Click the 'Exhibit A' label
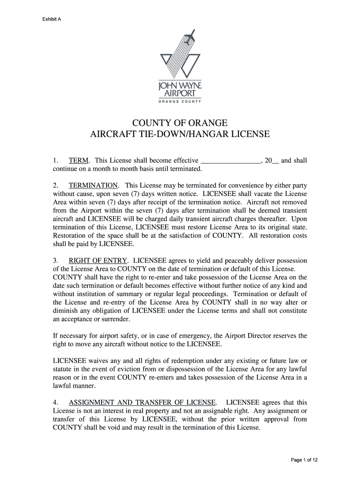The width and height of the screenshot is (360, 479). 53,19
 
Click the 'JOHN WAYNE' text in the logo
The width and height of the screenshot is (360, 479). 180,86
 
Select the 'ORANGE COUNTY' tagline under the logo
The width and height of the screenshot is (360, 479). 180,101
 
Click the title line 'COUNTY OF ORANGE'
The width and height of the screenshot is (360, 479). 180,123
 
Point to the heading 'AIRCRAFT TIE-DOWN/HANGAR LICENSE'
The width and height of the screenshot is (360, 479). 180,135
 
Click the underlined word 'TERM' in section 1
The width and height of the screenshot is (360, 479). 79,161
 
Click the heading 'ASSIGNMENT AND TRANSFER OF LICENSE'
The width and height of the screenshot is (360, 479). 142,403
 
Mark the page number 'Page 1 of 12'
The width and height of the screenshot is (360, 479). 304,460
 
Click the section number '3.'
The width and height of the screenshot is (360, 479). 56,261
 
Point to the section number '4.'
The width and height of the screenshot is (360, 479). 56,403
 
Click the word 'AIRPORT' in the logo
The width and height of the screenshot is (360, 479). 180,93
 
